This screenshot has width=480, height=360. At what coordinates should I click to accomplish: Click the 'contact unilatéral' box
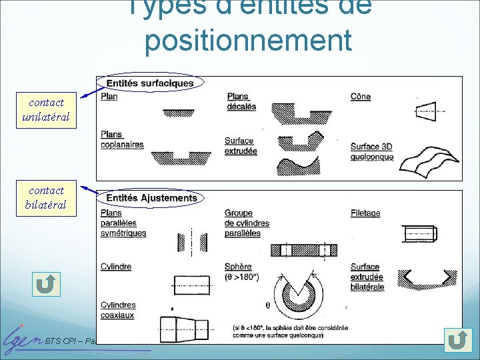46,110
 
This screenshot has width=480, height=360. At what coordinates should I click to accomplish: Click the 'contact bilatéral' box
46,198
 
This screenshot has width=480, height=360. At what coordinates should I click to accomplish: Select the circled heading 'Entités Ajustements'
151,198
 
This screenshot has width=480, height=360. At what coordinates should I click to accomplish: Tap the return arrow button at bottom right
457,340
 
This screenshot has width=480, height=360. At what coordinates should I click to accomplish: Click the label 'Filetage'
365,213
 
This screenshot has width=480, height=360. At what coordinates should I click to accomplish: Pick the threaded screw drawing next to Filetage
418,234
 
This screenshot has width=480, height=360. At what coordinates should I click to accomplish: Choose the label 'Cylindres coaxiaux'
118,310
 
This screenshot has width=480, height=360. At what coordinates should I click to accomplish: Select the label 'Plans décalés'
241,101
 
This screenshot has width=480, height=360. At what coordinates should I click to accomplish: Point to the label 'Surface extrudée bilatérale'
367,277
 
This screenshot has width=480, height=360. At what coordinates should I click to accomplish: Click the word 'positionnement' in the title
247,40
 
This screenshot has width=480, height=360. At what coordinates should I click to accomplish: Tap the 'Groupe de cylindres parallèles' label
247,223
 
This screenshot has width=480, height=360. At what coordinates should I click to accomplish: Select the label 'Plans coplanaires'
122,139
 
